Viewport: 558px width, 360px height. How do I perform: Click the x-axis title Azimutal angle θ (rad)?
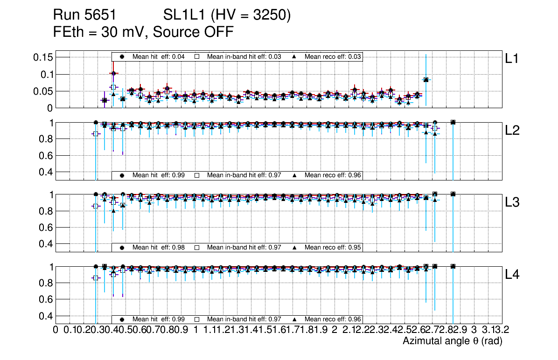(x=452, y=341)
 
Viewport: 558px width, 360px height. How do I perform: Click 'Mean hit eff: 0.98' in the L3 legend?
(x=159, y=247)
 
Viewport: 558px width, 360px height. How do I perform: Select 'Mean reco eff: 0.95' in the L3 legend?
(x=333, y=247)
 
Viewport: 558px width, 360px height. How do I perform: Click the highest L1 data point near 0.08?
(x=425, y=80)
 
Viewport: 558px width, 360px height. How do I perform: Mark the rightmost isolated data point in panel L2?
(x=453, y=122)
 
